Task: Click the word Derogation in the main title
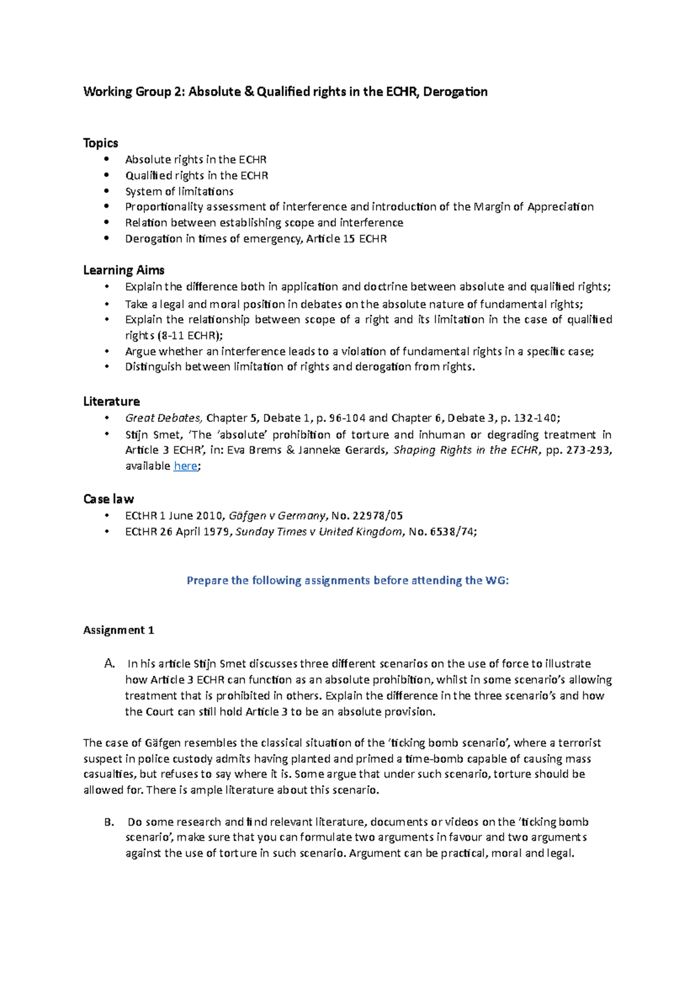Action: tap(455, 92)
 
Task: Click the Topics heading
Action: tap(100, 143)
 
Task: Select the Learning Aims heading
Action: tap(123, 270)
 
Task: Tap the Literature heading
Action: tap(111, 402)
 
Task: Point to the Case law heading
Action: tap(108, 499)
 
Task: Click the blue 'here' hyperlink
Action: tap(185, 466)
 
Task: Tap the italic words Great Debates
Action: tap(163, 418)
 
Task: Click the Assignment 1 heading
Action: tap(118, 631)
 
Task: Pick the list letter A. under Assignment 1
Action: tap(109, 664)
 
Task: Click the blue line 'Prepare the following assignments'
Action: tap(348, 581)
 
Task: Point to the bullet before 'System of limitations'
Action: tap(106, 191)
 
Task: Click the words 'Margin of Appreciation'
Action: tap(533, 207)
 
